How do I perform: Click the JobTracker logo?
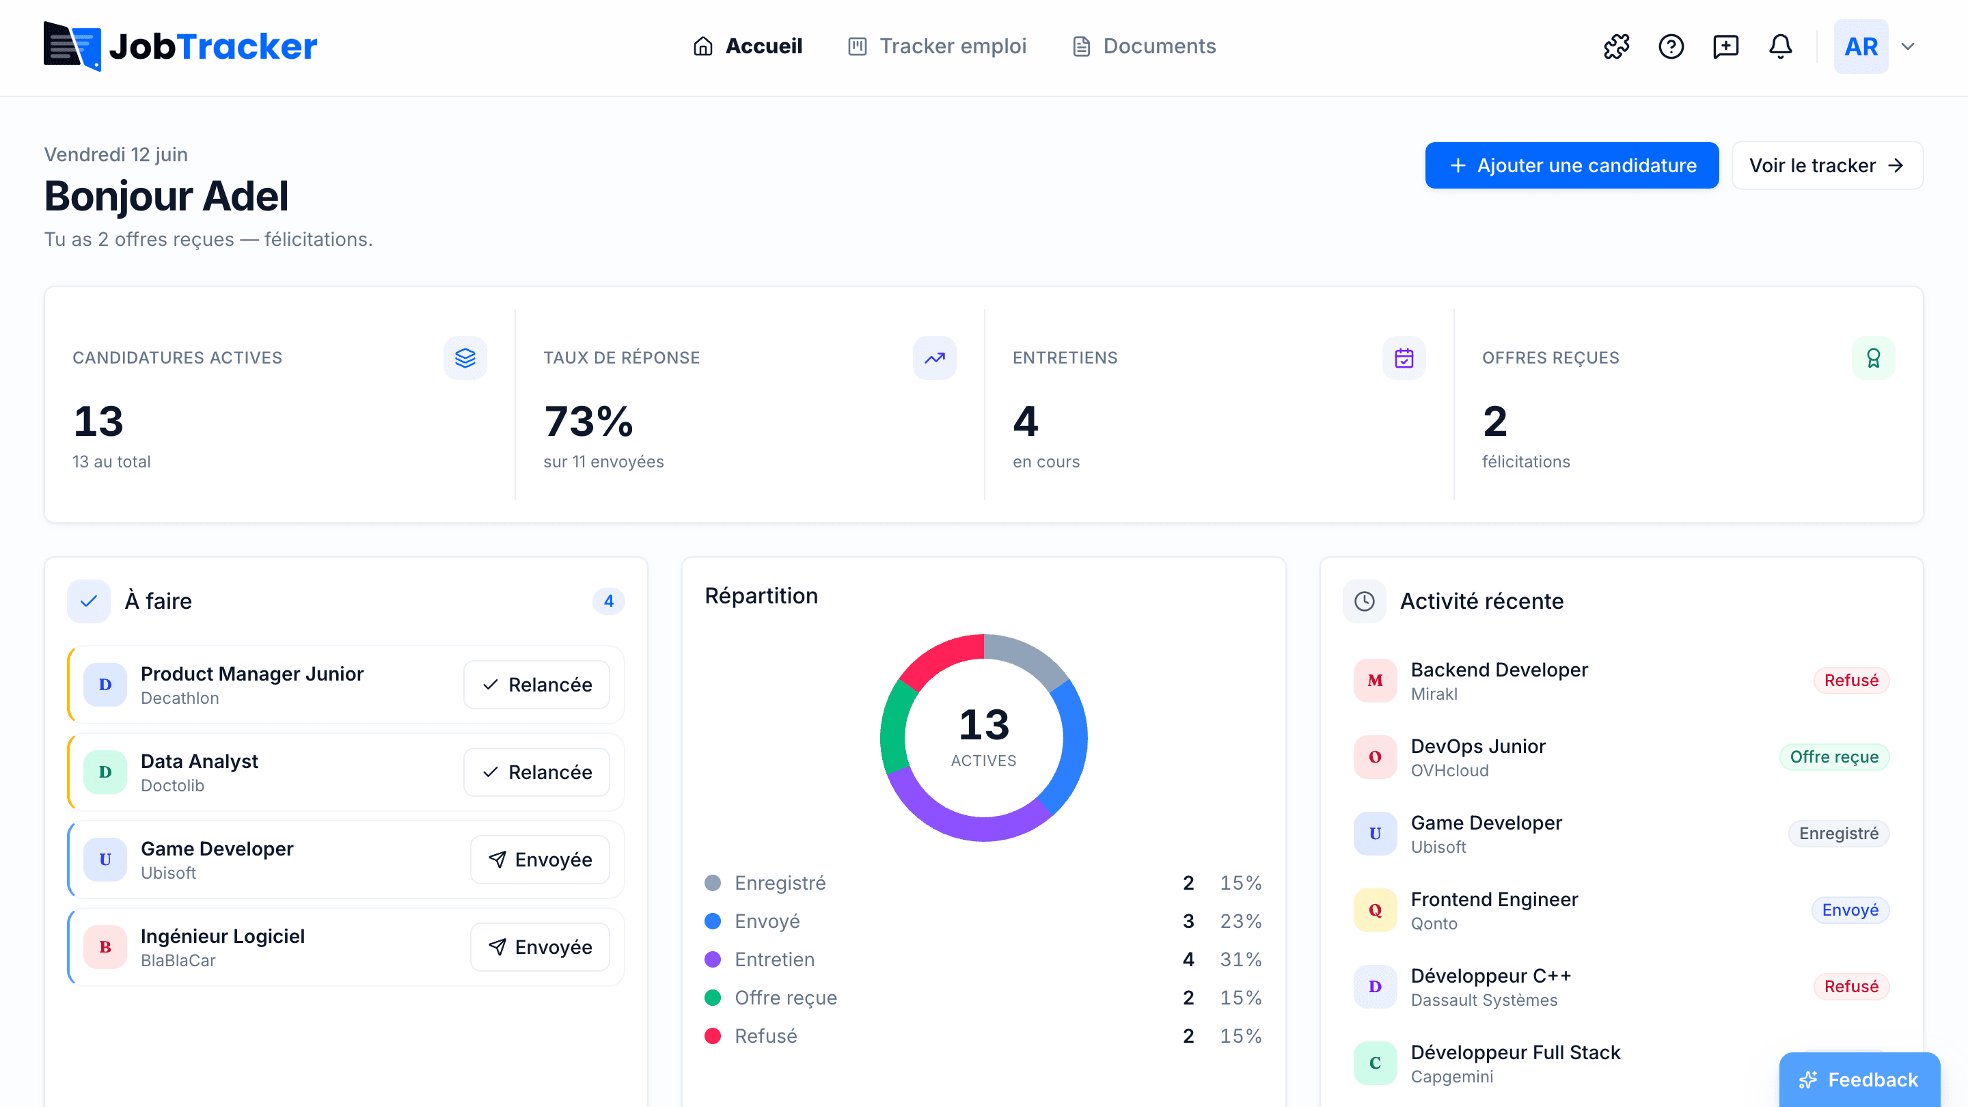click(x=180, y=46)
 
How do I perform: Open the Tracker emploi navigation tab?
click(x=938, y=46)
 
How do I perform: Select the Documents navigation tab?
click(x=1144, y=46)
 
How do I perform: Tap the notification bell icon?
click(x=1780, y=46)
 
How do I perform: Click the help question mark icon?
click(x=1671, y=46)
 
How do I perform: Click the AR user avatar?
click(x=1861, y=46)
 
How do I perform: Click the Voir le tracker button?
click(x=1827, y=165)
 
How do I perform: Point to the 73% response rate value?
click(x=588, y=421)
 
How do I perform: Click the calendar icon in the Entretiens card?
click(x=1404, y=357)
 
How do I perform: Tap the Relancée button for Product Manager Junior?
click(x=536, y=685)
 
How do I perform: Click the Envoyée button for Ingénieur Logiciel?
click(x=540, y=946)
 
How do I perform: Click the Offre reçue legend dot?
click(x=712, y=997)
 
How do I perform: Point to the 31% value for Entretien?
click(x=1240, y=959)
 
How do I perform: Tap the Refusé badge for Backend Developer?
click(x=1850, y=680)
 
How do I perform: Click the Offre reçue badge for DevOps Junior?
click(x=1833, y=756)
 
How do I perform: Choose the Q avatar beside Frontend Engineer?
click(x=1374, y=910)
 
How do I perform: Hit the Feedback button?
click(x=1859, y=1079)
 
